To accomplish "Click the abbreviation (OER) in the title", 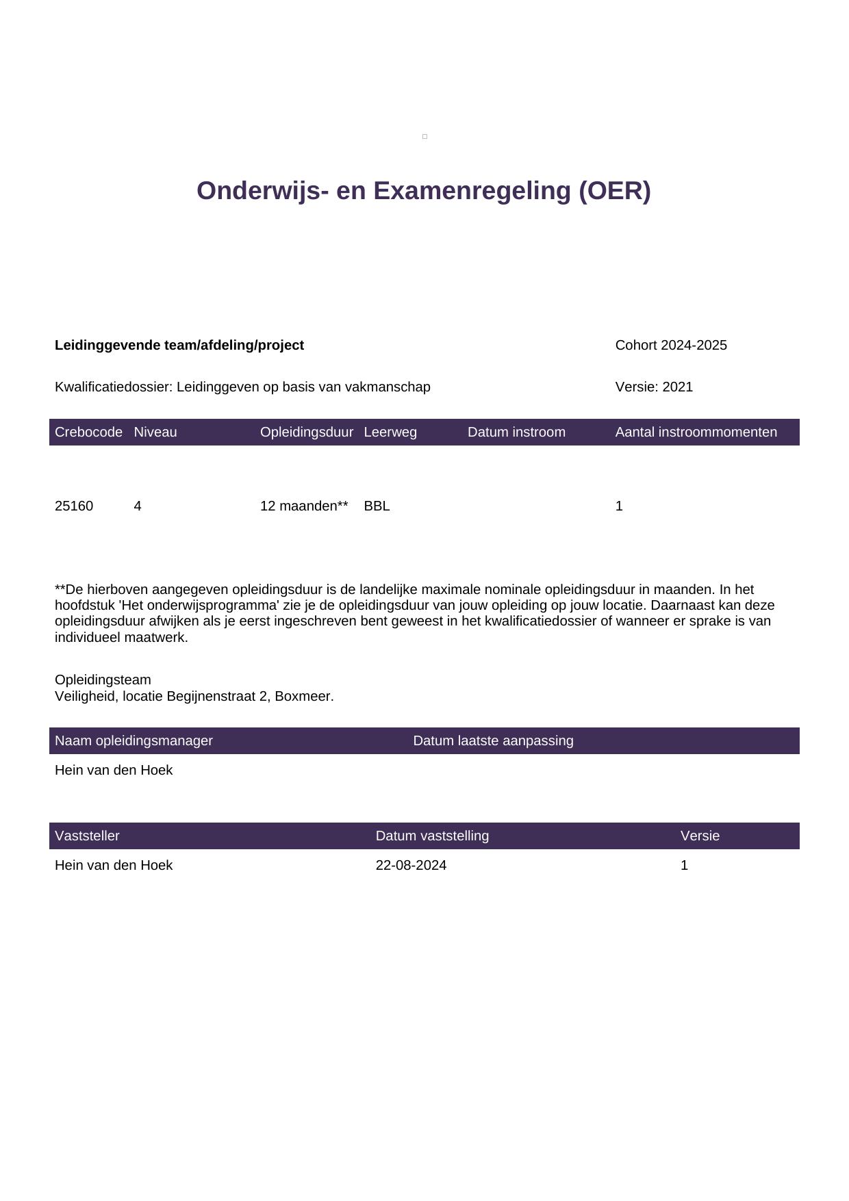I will point(614,191).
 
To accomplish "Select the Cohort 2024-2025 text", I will point(671,345).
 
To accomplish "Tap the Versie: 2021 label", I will point(654,387).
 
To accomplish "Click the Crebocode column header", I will point(88,432).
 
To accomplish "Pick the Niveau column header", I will point(155,432).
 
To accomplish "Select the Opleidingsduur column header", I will point(307,432).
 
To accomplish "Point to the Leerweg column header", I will point(390,432).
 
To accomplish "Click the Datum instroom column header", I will point(516,432).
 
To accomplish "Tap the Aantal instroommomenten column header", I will point(696,432).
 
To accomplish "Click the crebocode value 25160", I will point(74,506).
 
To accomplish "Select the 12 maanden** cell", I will point(304,506).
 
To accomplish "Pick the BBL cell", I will point(377,506).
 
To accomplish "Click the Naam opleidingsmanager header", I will point(134,740).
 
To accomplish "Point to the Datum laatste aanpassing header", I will point(493,740).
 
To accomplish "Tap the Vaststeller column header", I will point(87,836).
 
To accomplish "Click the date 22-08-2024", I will point(411,865).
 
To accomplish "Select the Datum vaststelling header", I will point(432,836).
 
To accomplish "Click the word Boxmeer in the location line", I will point(303,696).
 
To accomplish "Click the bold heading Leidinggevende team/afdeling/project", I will point(179,345).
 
